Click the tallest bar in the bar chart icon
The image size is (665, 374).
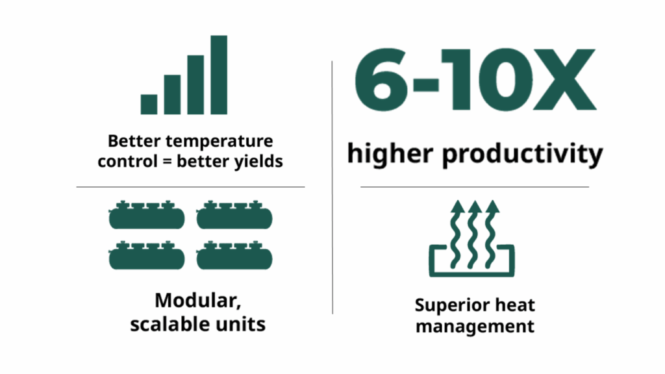pyautogui.click(x=219, y=75)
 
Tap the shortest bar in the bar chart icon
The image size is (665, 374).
pyautogui.click(x=149, y=105)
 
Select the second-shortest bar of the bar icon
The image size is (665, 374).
pyautogui.click(x=172, y=95)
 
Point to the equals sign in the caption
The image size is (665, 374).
pyautogui.click(x=167, y=162)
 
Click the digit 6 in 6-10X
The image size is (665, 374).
pyautogui.click(x=381, y=79)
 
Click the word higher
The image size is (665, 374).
pyautogui.click(x=390, y=153)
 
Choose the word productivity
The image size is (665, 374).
pyautogui.click(x=523, y=155)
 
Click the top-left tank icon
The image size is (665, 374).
pyautogui.click(x=147, y=215)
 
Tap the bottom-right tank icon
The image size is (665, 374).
pyautogui.click(x=234, y=255)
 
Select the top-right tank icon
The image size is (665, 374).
pyautogui.click(x=234, y=215)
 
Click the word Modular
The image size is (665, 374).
pyautogui.click(x=198, y=301)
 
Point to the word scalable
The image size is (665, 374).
pyautogui.click(x=169, y=325)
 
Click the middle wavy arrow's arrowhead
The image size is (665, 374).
pyautogui.click(x=475, y=206)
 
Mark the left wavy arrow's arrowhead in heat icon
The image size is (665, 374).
pyautogui.click(x=457, y=206)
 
